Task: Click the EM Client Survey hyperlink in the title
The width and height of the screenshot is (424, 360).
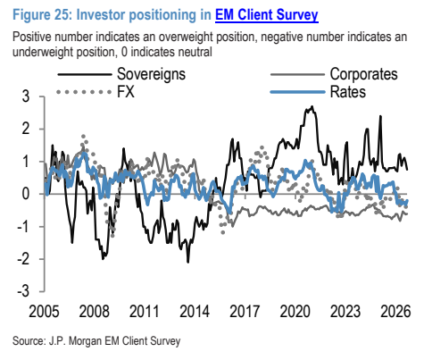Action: pos(267,15)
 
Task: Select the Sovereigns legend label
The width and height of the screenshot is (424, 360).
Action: pos(151,74)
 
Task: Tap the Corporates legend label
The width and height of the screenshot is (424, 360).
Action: pos(363,74)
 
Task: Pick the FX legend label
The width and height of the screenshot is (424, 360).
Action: pos(126,92)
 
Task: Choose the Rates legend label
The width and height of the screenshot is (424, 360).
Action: pos(348,92)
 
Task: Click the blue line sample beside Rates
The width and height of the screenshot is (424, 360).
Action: pos(297,92)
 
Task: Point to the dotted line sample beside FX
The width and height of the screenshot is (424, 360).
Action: pos(84,92)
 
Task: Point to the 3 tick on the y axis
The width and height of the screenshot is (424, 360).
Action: pos(26,96)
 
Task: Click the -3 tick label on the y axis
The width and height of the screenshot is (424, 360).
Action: pos(23,291)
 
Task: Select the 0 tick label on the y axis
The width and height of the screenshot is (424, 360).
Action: pos(26,194)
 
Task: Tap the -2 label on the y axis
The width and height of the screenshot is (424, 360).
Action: pos(23,259)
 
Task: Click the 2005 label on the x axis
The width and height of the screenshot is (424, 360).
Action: pos(44,312)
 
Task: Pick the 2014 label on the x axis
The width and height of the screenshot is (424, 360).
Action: pos(195,312)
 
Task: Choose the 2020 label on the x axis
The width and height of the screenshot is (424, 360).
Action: pos(295,312)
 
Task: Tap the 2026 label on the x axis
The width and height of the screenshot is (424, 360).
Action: pos(395,312)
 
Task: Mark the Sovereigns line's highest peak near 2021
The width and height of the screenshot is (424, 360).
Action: pos(312,106)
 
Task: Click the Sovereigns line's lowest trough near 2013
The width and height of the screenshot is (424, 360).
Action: pos(188,262)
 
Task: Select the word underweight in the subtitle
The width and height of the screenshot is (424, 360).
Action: pos(43,52)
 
